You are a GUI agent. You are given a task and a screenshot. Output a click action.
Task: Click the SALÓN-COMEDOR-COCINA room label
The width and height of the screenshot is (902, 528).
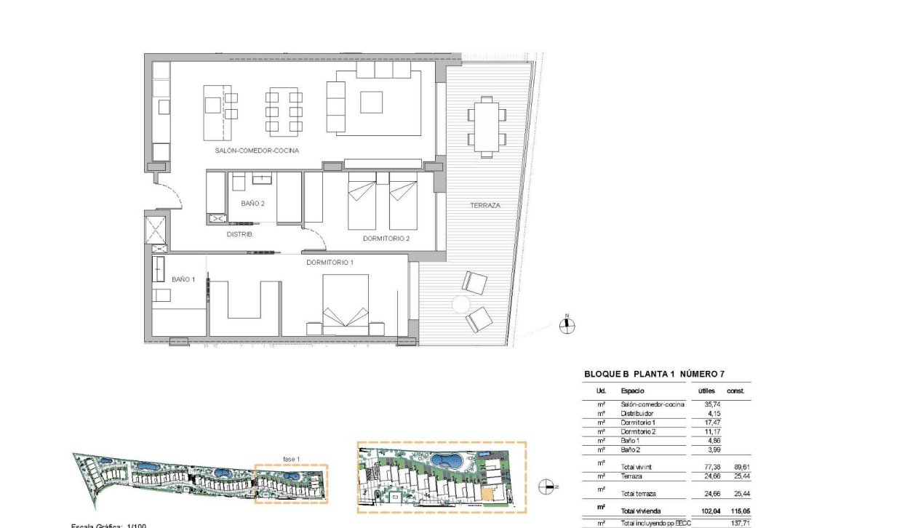(x=258, y=151)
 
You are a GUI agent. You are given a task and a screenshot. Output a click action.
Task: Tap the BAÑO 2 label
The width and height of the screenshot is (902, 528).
(x=252, y=204)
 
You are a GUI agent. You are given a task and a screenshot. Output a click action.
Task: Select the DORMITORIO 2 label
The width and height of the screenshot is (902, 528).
(x=386, y=239)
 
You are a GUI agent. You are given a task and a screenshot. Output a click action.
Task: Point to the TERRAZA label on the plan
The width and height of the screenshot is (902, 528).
(x=485, y=206)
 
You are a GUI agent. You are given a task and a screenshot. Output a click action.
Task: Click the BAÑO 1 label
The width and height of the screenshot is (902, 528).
(x=183, y=279)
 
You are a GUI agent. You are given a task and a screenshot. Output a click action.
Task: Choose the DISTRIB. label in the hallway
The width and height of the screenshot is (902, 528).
(x=240, y=234)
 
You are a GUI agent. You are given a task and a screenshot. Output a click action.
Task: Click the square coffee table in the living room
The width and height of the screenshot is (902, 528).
(x=372, y=101)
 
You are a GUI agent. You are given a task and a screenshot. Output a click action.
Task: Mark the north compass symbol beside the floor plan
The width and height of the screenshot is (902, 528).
(x=567, y=326)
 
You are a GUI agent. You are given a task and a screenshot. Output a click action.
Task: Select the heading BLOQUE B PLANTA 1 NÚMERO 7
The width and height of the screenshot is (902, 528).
(x=654, y=375)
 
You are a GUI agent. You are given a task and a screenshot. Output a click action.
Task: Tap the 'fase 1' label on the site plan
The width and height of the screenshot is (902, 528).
(x=292, y=458)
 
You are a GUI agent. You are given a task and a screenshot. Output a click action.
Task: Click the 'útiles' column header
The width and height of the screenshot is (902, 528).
(x=707, y=391)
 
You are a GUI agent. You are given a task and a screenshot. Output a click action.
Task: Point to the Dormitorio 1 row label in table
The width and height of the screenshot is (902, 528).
(x=639, y=423)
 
